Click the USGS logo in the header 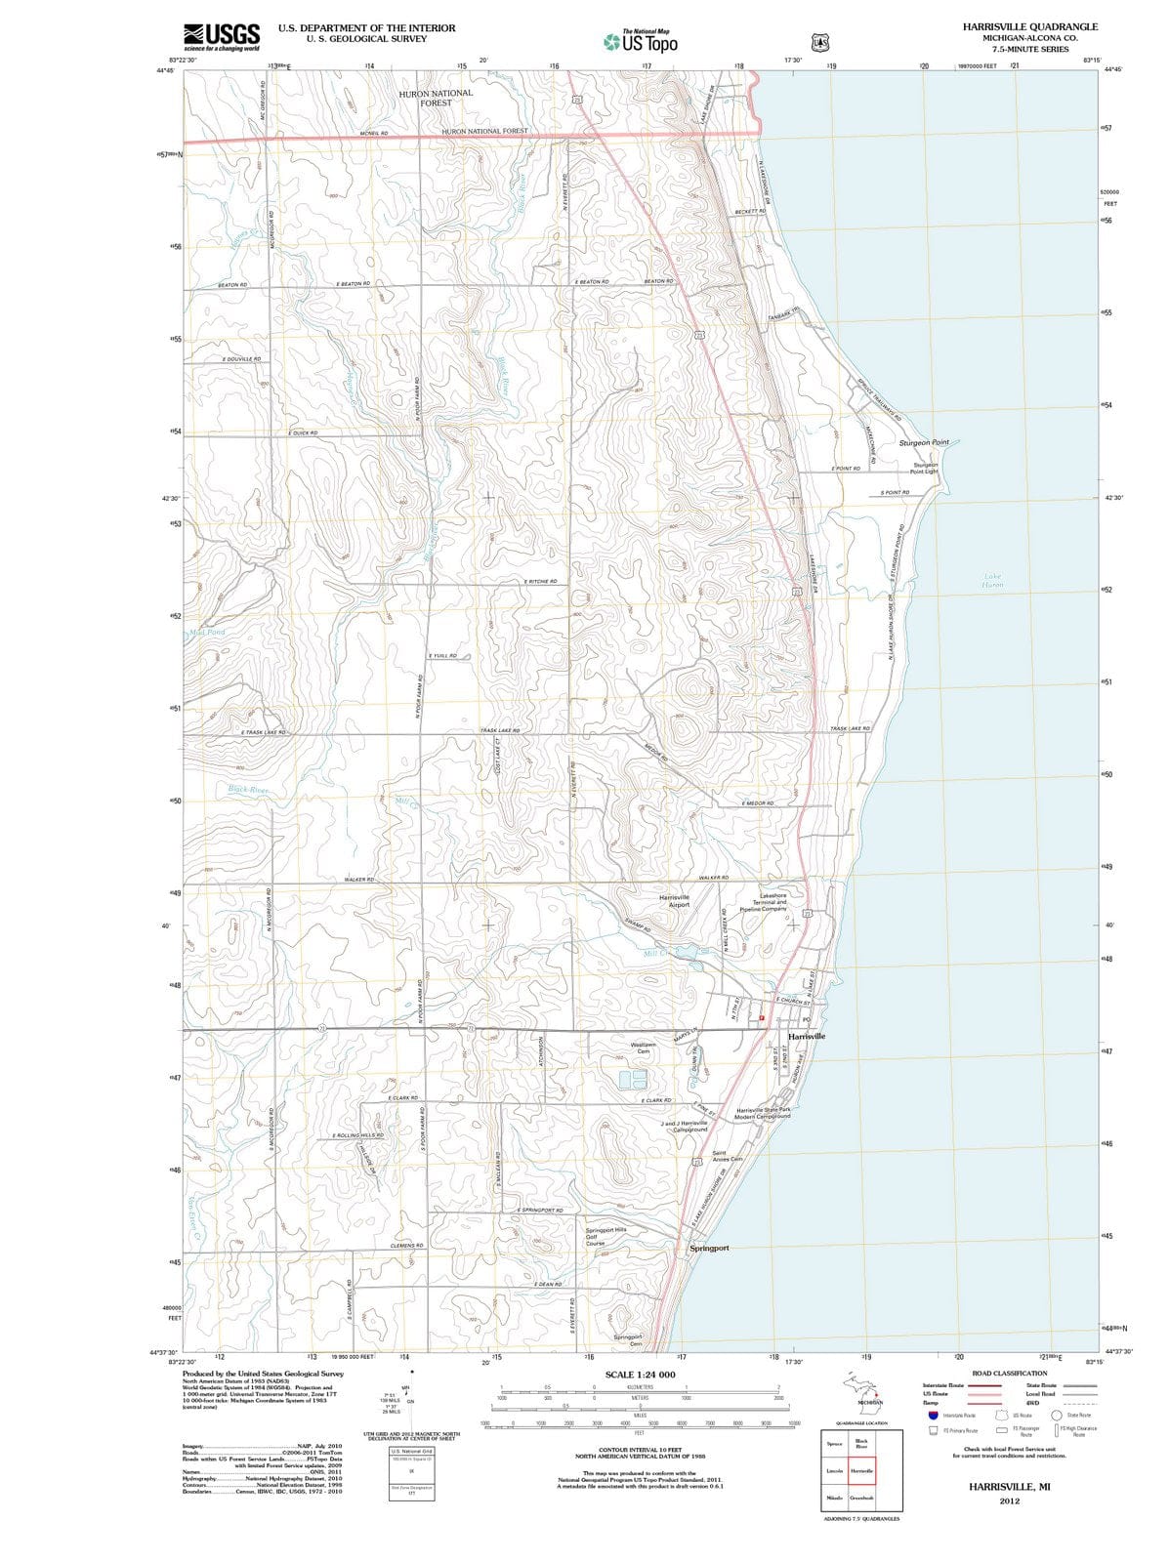(222, 36)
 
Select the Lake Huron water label (992, 581)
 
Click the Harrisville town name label (807, 1036)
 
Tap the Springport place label (709, 1249)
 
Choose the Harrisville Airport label (674, 900)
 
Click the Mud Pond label (207, 633)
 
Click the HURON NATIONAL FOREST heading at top (436, 98)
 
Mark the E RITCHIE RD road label (540, 582)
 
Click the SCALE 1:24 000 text (640, 1375)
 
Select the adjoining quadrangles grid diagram (862, 1470)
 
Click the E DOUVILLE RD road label (241, 359)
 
